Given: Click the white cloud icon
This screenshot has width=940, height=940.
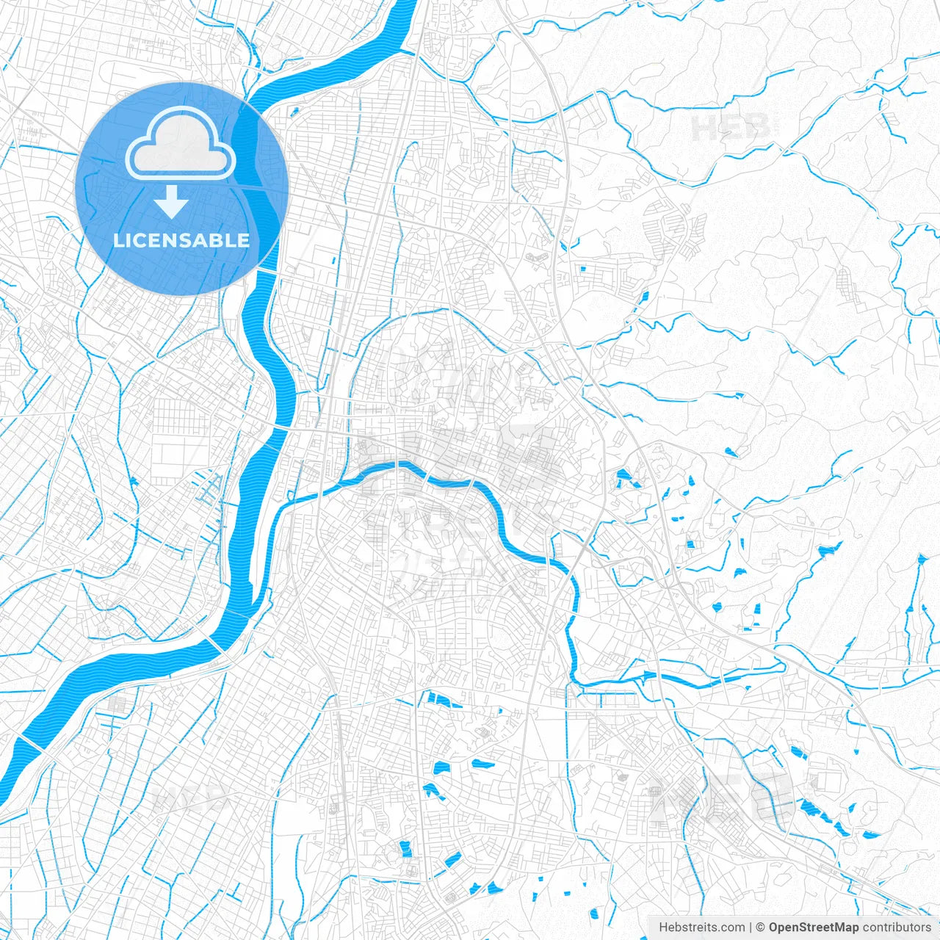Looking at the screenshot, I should [x=181, y=143].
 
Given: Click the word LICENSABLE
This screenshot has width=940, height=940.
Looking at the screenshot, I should [x=181, y=240].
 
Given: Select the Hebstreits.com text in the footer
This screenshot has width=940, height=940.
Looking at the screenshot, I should [x=701, y=928].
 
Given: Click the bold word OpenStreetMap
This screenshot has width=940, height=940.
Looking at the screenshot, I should [x=814, y=928].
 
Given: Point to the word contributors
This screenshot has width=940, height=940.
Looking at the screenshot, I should [x=897, y=928].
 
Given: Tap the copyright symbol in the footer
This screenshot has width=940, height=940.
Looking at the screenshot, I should [x=761, y=928].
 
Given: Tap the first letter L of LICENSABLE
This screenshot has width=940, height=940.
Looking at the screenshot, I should [x=117, y=240].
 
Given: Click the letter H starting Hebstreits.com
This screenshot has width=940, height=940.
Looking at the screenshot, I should [x=663, y=928].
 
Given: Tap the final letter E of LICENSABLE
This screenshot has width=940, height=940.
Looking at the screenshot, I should [x=244, y=240].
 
